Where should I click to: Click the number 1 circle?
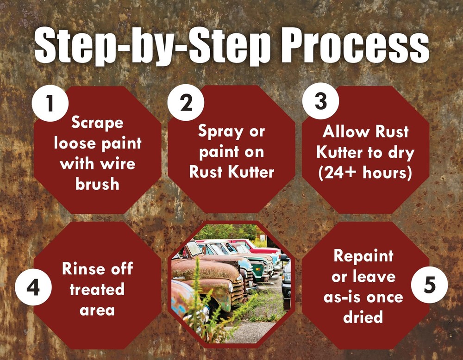(x=50, y=103)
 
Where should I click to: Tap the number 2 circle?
(x=186, y=103)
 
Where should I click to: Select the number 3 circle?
(x=320, y=102)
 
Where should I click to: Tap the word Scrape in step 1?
(x=97, y=123)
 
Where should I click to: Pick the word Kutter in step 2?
(x=251, y=172)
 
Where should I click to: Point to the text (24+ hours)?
(x=365, y=172)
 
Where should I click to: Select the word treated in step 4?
(x=97, y=289)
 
